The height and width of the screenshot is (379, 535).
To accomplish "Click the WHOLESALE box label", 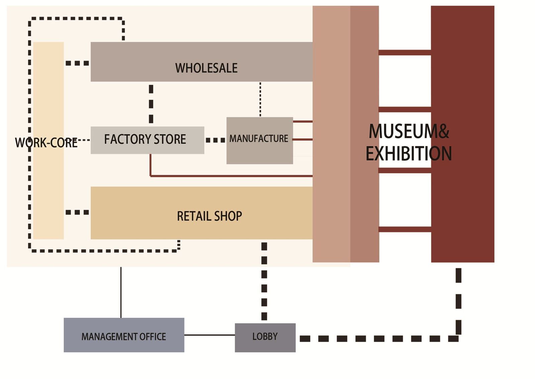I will click(206, 68).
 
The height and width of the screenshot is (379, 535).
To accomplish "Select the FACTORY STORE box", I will click(147, 140).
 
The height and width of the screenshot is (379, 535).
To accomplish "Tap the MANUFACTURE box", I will click(259, 140).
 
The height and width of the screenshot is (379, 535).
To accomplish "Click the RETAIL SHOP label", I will click(209, 216).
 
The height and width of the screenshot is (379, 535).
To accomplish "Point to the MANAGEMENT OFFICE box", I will click(124, 335).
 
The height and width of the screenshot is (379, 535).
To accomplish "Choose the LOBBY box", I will click(265, 337).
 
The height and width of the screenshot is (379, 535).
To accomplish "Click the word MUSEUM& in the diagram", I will click(409, 131).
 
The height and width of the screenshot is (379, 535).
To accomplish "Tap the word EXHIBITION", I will click(409, 154).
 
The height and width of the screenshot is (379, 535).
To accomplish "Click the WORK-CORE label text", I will click(46, 143).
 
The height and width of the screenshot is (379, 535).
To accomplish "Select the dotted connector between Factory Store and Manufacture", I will click(215, 140).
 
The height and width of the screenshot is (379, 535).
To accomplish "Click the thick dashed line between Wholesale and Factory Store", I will click(151, 104).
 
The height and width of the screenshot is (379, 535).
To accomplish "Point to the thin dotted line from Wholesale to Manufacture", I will click(260, 99).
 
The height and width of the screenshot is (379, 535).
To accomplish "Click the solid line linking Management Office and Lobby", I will click(209, 335).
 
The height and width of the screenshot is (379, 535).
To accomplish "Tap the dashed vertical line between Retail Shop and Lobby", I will click(264, 281).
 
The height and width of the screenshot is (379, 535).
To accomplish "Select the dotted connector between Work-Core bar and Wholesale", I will click(77, 63).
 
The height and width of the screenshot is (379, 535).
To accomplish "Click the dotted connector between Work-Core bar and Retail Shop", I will click(77, 212).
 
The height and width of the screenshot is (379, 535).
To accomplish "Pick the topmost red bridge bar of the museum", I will click(405, 53).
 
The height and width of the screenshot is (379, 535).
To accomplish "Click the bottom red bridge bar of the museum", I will click(405, 229).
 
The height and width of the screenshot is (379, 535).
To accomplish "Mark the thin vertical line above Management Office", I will click(121, 292).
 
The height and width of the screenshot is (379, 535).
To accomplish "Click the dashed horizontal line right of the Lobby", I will click(378, 339).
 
